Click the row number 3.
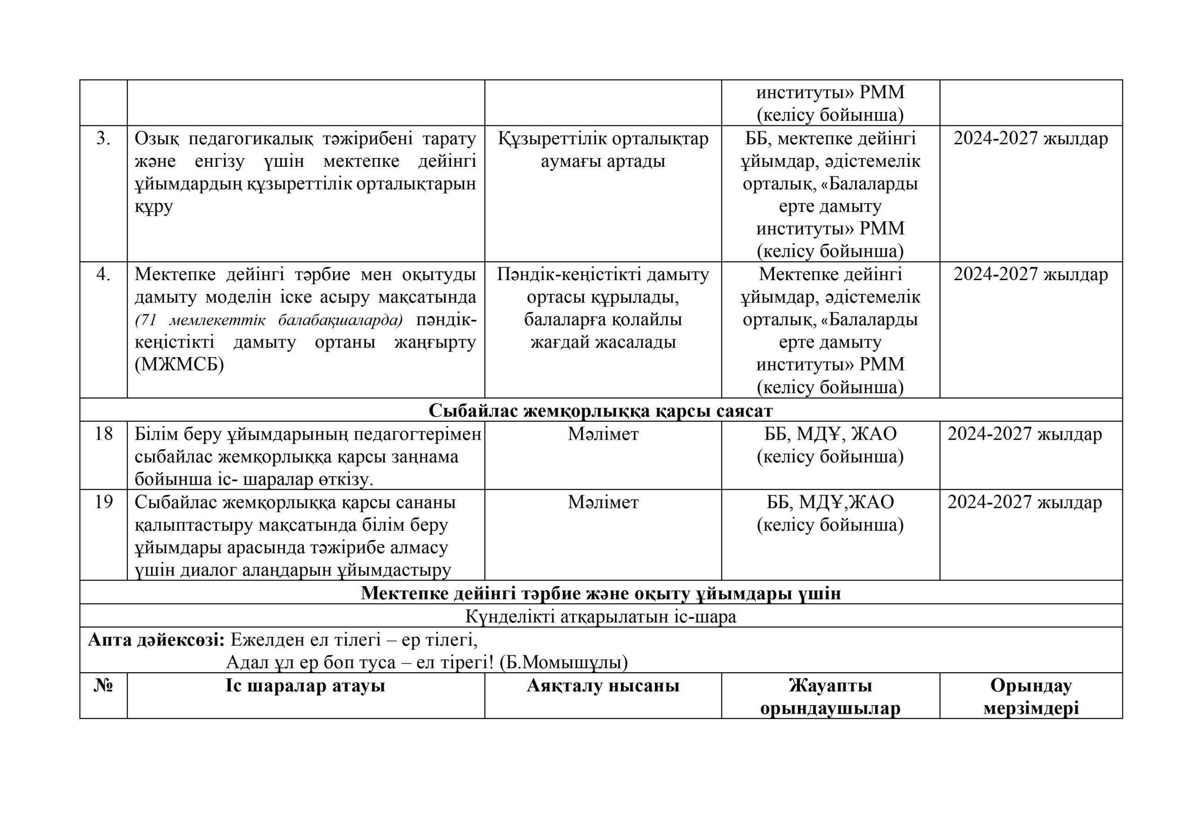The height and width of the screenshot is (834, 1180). click(103, 139)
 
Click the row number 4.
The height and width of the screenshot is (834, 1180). click(103, 275)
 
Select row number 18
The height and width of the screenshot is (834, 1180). click(103, 434)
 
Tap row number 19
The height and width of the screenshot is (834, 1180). click(103, 502)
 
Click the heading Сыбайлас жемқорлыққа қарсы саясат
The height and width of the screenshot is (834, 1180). click(600, 411)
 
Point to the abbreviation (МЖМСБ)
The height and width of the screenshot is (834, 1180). click(179, 365)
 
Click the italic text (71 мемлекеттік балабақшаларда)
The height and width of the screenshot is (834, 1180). click(269, 320)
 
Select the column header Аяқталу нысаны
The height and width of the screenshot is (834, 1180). click(603, 686)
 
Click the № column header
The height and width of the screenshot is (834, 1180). click(103, 686)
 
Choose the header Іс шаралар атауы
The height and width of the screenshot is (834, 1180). click(305, 686)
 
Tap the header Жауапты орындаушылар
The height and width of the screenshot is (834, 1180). click(830, 697)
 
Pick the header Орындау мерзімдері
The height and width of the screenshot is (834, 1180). click(1031, 697)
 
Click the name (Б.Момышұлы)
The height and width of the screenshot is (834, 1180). click(564, 663)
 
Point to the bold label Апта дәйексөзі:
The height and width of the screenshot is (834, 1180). click(156, 640)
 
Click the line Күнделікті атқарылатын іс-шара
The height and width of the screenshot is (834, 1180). click(600, 617)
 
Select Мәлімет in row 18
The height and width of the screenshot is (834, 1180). click(603, 434)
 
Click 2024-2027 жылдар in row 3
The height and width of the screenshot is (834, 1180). click(1031, 139)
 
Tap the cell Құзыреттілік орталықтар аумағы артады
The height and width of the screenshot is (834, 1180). click(603, 150)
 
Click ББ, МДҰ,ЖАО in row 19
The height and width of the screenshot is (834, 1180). click(830, 502)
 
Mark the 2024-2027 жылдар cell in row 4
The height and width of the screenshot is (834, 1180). click(1031, 275)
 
